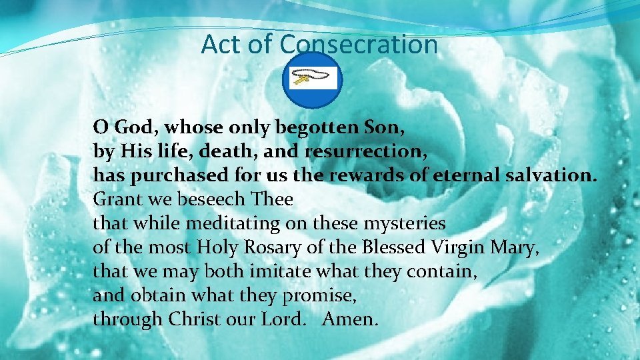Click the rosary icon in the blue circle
pyautogui.click(x=311, y=80)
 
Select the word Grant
pyautogui.click(x=114, y=199)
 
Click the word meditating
pyautogui.click(x=231, y=223)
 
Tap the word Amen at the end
pyautogui.click(x=349, y=319)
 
